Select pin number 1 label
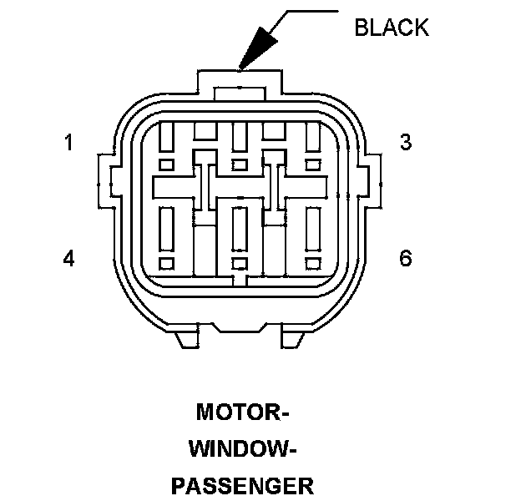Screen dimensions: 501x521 69,143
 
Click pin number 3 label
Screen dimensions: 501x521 405,143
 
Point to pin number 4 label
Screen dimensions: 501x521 69,259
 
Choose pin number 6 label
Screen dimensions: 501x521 405,259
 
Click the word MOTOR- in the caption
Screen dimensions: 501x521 242,412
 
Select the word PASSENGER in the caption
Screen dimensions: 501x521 242,486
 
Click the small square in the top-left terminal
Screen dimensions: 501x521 166,164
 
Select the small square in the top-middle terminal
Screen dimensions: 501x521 240,164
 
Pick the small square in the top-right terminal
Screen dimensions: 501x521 313,164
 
